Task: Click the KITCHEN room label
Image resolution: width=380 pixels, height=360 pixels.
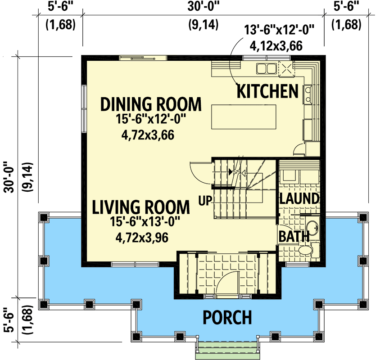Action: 267,91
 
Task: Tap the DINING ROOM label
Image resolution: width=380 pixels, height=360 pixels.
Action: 150,104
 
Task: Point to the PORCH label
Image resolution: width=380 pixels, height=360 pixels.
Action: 227,317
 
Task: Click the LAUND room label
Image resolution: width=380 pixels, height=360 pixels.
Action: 299,198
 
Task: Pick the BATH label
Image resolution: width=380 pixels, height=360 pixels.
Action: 294,236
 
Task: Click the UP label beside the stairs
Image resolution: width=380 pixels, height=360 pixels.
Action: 205,199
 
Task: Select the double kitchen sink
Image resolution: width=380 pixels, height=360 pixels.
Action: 266,69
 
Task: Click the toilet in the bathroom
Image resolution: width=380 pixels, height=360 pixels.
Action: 303,250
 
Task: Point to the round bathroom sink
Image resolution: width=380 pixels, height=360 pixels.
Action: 312,228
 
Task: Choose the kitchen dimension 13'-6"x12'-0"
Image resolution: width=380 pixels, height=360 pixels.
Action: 279,31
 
